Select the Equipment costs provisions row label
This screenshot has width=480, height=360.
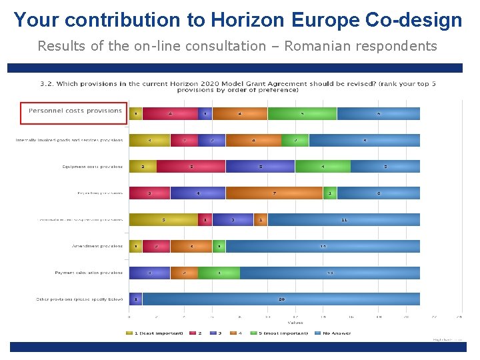click(x=92, y=167)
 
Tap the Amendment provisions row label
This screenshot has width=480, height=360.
click(x=97, y=247)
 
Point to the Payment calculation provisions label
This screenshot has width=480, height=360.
click(x=89, y=273)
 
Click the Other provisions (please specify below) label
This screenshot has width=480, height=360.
click(x=79, y=299)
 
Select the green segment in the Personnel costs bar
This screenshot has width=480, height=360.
click(x=302, y=113)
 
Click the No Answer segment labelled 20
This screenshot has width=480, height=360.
click(x=281, y=299)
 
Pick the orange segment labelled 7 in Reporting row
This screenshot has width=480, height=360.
click(x=274, y=193)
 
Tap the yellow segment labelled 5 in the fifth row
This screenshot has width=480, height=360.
click(x=163, y=220)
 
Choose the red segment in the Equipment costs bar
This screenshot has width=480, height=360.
click(x=191, y=167)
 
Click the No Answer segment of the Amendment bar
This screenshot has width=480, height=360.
click(x=323, y=246)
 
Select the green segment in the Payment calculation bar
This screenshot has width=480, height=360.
click(x=219, y=273)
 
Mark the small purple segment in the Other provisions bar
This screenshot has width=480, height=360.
click(x=135, y=299)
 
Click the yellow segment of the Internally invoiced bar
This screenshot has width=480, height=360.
click(x=149, y=140)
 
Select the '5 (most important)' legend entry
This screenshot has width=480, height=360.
click(x=283, y=333)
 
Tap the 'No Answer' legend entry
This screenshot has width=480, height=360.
click(x=337, y=333)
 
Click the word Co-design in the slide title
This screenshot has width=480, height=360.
click(x=414, y=20)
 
